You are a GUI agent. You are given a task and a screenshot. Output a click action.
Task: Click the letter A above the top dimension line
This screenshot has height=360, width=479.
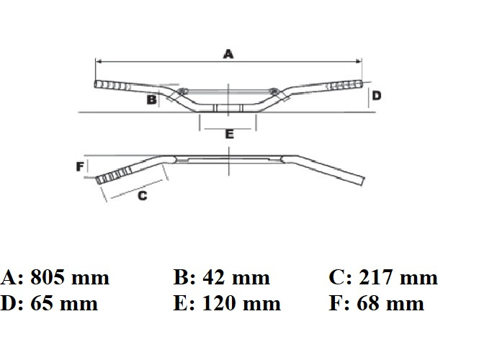[x=228, y=54]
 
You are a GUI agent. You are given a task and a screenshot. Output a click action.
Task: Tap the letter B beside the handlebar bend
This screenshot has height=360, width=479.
[x=152, y=99]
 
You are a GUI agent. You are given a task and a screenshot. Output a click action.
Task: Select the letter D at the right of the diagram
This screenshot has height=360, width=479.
[x=377, y=96]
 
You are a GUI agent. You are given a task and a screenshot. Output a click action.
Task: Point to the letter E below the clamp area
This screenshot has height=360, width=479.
[x=230, y=134]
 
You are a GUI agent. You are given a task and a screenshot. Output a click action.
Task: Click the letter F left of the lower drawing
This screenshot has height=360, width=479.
[x=80, y=166]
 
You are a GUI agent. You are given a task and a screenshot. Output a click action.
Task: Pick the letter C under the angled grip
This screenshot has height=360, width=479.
[x=143, y=195]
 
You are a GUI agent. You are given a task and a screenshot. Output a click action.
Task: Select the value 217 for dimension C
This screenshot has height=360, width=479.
[x=375, y=277]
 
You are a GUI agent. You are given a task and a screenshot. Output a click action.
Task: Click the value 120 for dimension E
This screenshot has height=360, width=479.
[x=220, y=303]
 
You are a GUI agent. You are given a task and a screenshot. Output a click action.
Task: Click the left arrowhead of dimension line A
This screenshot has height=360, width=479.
[x=99, y=62]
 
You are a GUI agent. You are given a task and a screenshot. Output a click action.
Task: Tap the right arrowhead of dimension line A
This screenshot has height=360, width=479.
[x=359, y=62]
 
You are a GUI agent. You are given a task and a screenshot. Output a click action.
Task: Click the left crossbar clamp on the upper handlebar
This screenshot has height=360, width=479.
[x=182, y=91]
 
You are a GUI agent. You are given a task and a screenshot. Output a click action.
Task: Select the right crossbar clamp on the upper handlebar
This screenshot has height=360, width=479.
[x=274, y=91]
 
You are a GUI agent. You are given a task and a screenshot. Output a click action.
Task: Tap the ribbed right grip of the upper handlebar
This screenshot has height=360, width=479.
[x=344, y=85]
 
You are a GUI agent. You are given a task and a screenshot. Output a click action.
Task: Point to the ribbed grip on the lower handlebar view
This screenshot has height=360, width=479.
[x=115, y=175]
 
